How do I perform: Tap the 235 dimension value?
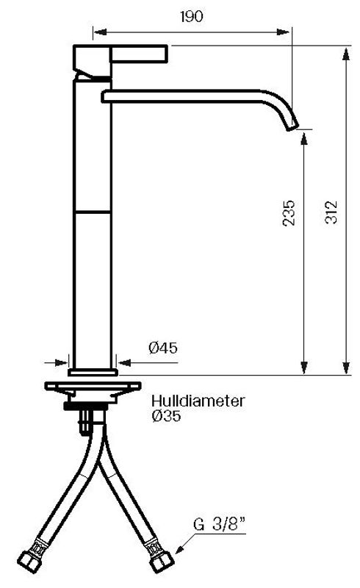point(289,212)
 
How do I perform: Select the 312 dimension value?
point(331,212)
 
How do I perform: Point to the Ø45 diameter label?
point(163,348)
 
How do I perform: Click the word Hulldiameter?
point(198,401)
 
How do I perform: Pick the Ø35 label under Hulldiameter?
point(166,416)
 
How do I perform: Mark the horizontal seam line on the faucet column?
point(93,212)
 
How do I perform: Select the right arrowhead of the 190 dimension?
point(287,31)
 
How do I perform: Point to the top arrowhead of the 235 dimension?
point(303,134)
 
